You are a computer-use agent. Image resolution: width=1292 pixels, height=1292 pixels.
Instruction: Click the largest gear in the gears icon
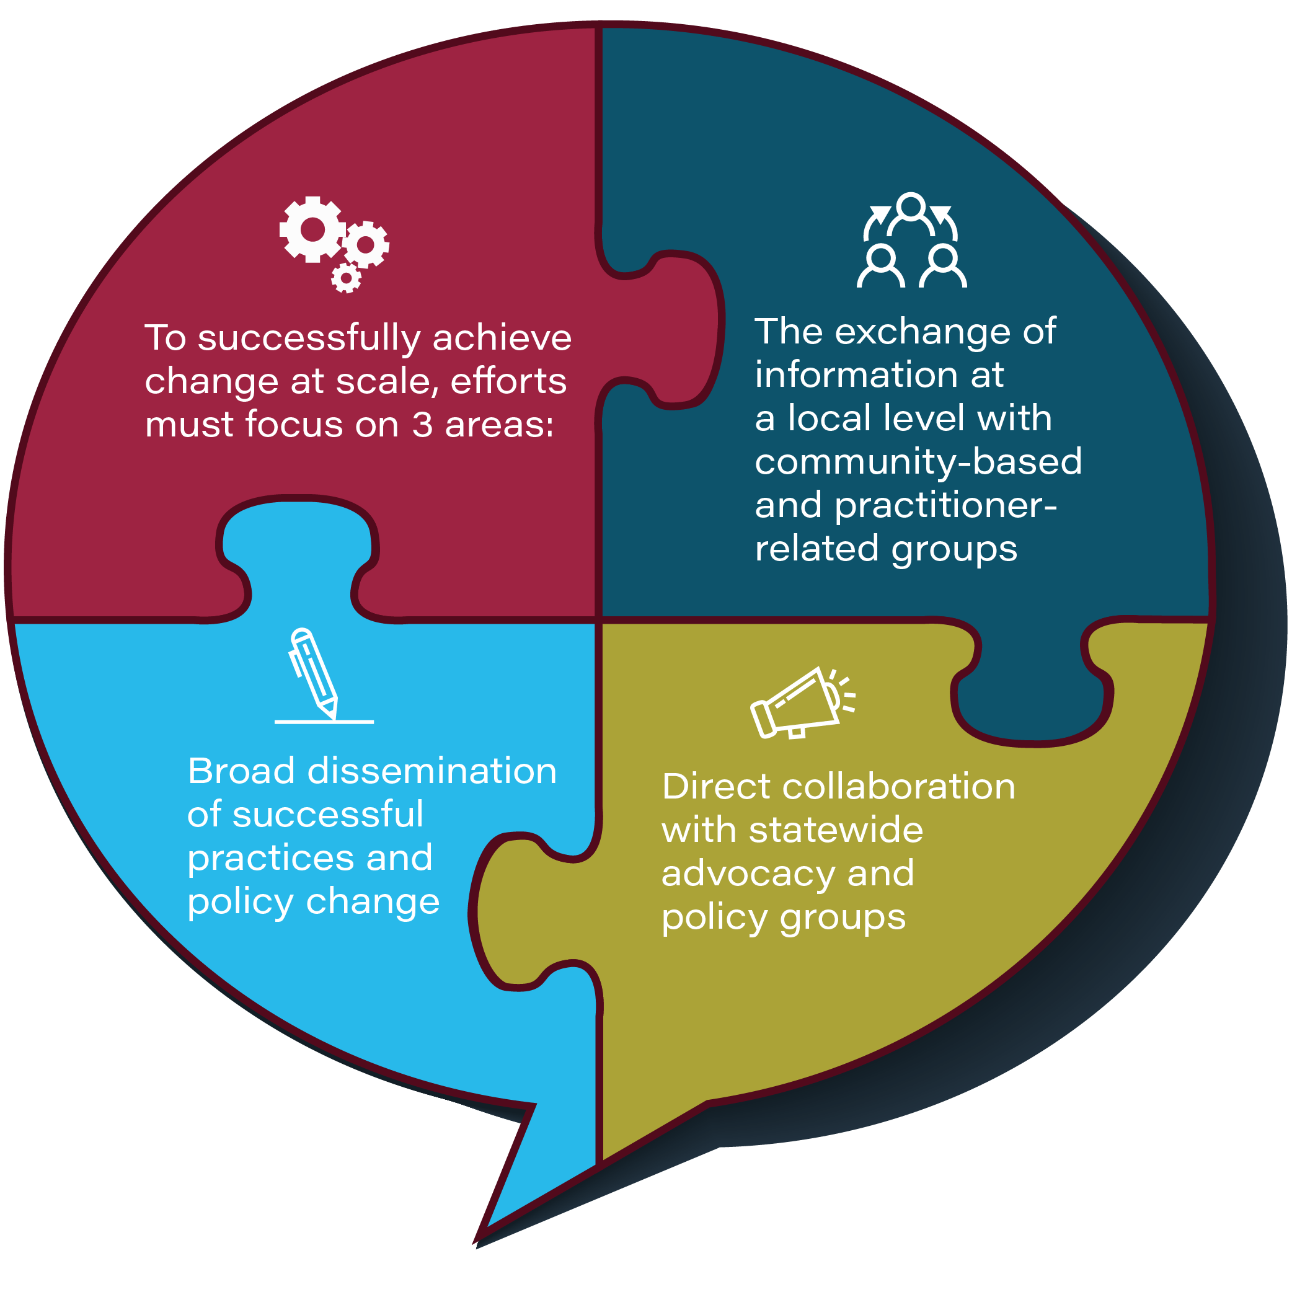312,229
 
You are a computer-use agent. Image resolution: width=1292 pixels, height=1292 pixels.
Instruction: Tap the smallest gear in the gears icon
347,277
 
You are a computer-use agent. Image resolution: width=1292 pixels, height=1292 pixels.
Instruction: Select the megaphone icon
802,703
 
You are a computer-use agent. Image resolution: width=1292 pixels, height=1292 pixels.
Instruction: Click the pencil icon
314,673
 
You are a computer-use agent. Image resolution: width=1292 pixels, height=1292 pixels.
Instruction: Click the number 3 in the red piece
422,425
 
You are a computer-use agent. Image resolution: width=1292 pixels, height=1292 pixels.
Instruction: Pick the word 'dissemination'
431,771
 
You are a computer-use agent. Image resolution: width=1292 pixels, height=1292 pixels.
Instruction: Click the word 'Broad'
241,771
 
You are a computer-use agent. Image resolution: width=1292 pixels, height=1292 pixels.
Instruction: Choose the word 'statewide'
835,830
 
